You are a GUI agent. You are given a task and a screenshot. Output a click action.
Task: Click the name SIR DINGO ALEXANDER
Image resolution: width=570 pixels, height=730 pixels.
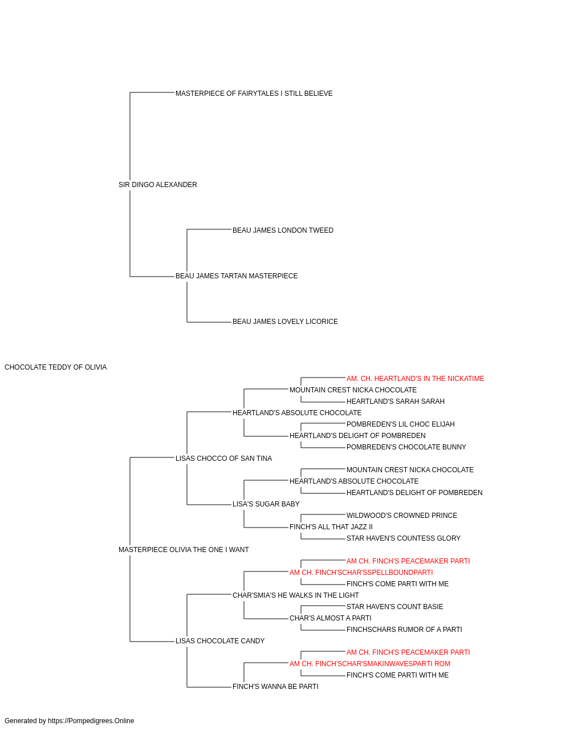point(157,185)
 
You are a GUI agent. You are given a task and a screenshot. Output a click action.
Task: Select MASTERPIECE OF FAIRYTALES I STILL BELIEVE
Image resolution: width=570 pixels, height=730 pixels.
point(254,94)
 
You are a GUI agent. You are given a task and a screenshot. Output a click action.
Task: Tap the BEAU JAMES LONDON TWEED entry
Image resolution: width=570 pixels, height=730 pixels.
point(283,230)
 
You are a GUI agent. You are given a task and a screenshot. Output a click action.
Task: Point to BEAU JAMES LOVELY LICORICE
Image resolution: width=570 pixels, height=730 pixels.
point(285,322)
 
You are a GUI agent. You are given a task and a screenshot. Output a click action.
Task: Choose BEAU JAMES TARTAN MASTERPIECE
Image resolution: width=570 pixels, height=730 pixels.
point(237,276)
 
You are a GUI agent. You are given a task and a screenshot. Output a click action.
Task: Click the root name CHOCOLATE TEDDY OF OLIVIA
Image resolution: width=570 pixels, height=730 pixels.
point(55,367)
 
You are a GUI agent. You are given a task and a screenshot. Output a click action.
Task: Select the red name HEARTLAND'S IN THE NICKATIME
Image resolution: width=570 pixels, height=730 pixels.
point(415,379)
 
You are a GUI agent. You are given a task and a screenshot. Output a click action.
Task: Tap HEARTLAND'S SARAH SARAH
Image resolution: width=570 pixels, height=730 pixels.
point(395,402)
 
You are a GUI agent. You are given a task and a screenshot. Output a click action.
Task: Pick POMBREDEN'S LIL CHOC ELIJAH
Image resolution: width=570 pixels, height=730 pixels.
point(400,425)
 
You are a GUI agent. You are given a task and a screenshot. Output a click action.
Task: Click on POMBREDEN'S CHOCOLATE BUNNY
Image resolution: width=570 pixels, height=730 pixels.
point(406,448)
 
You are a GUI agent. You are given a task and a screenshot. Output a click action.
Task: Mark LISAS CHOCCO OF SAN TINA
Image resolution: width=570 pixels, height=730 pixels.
point(223,459)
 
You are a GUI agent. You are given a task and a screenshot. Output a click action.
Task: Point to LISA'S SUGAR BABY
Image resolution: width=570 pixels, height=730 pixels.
point(266,505)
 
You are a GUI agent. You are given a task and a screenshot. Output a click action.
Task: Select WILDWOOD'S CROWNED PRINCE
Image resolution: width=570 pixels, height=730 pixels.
point(401,516)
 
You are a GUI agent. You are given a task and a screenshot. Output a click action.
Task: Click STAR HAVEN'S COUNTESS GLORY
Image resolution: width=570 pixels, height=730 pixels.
point(403,539)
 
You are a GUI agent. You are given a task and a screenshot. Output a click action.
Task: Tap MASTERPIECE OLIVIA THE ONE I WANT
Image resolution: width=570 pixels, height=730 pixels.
point(184,550)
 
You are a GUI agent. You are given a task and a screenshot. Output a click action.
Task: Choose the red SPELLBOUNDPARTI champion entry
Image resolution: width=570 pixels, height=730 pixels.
point(361,573)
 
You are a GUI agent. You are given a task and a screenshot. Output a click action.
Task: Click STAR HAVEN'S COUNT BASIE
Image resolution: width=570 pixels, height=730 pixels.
point(394,607)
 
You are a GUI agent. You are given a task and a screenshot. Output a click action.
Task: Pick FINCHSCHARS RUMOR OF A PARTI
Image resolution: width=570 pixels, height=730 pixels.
point(404,630)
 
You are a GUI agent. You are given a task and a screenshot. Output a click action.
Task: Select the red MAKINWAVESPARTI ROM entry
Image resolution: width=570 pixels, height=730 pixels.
point(369,664)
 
